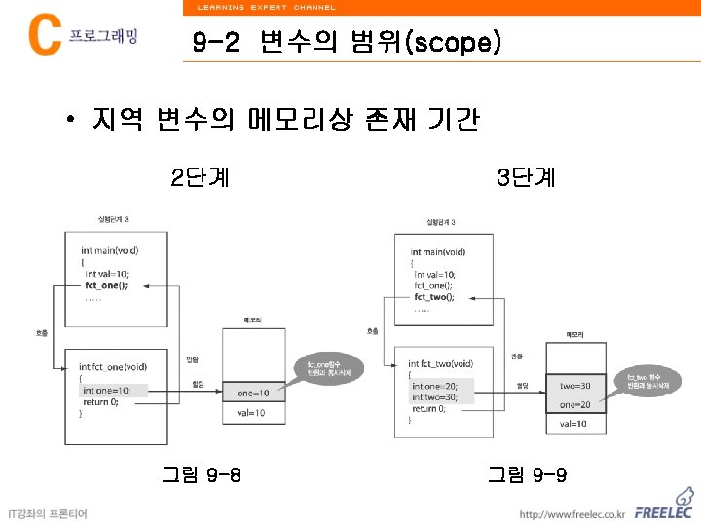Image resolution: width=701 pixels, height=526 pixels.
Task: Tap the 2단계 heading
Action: pos(201,177)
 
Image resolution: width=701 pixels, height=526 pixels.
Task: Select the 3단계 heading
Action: pos(526,177)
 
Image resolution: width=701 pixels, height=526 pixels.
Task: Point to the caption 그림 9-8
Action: pos(202,475)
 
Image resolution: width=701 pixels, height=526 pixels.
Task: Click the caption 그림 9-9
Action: pos(527,475)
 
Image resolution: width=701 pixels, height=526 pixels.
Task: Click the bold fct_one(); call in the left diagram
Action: pos(106,286)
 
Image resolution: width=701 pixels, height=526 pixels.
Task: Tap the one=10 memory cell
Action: pos(253,393)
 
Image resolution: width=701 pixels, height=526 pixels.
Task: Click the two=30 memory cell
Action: pos(579,386)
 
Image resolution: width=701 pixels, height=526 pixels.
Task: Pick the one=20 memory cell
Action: pos(579,404)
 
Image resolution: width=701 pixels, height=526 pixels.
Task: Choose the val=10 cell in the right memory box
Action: pos(579,424)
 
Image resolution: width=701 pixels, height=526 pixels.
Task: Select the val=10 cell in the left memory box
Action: pos(253,413)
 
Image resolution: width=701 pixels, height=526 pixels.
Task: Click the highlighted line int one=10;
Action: pos(113,391)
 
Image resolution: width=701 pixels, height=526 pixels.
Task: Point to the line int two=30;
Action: pos(441,397)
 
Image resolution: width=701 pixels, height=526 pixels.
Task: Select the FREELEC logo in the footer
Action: pos(665,512)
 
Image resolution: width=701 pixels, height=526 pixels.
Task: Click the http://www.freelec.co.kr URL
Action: pos(572,514)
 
